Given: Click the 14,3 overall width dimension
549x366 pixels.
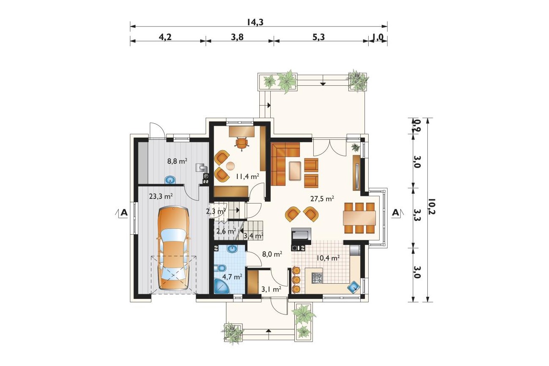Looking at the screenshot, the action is pos(255,22).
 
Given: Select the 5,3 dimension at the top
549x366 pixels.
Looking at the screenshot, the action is pos(318,37).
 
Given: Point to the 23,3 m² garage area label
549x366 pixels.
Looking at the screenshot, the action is pos(161,196).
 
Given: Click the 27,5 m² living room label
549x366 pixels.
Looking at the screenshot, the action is pos(322,198).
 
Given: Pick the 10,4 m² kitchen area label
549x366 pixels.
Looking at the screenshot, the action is pos(328,258).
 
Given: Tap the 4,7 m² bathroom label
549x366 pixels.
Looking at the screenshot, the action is pos(232,277).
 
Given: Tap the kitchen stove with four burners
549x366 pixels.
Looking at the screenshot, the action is pos(318,278).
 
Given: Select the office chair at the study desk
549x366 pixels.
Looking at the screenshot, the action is pos(242,144).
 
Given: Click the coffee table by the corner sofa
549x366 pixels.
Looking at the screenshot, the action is pos(295,171).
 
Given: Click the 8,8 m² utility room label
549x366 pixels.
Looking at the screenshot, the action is pos(177,161).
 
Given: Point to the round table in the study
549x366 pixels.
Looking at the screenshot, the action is pos(230,166).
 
